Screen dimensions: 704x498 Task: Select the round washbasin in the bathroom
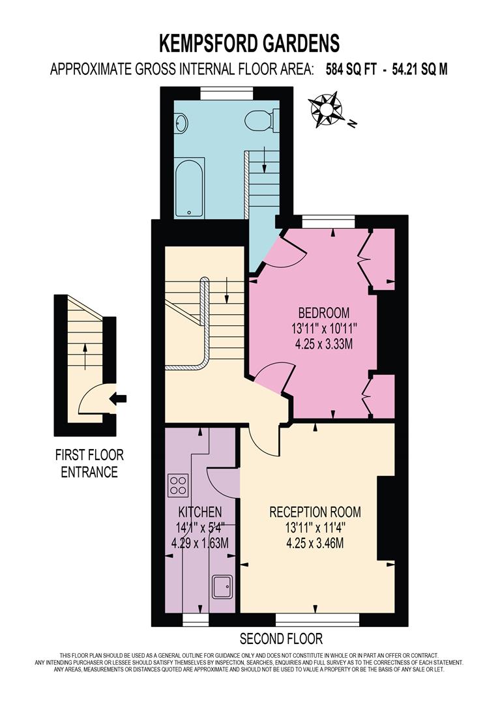pyautogui.click(x=181, y=121)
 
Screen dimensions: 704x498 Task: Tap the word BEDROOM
pyautogui.click(x=324, y=312)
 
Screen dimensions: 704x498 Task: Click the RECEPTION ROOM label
pyautogui.click(x=315, y=512)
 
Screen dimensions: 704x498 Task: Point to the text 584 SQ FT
pyautogui.click(x=352, y=69)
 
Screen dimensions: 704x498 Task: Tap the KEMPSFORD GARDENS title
pyautogui.click(x=250, y=43)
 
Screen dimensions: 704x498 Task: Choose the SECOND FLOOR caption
pyautogui.click(x=281, y=638)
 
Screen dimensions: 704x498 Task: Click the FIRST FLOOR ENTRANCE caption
pyautogui.click(x=89, y=463)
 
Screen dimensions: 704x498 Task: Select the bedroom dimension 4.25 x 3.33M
pyautogui.click(x=324, y=344)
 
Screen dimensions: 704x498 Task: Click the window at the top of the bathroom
pyautogui.click(x=222, y=94)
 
